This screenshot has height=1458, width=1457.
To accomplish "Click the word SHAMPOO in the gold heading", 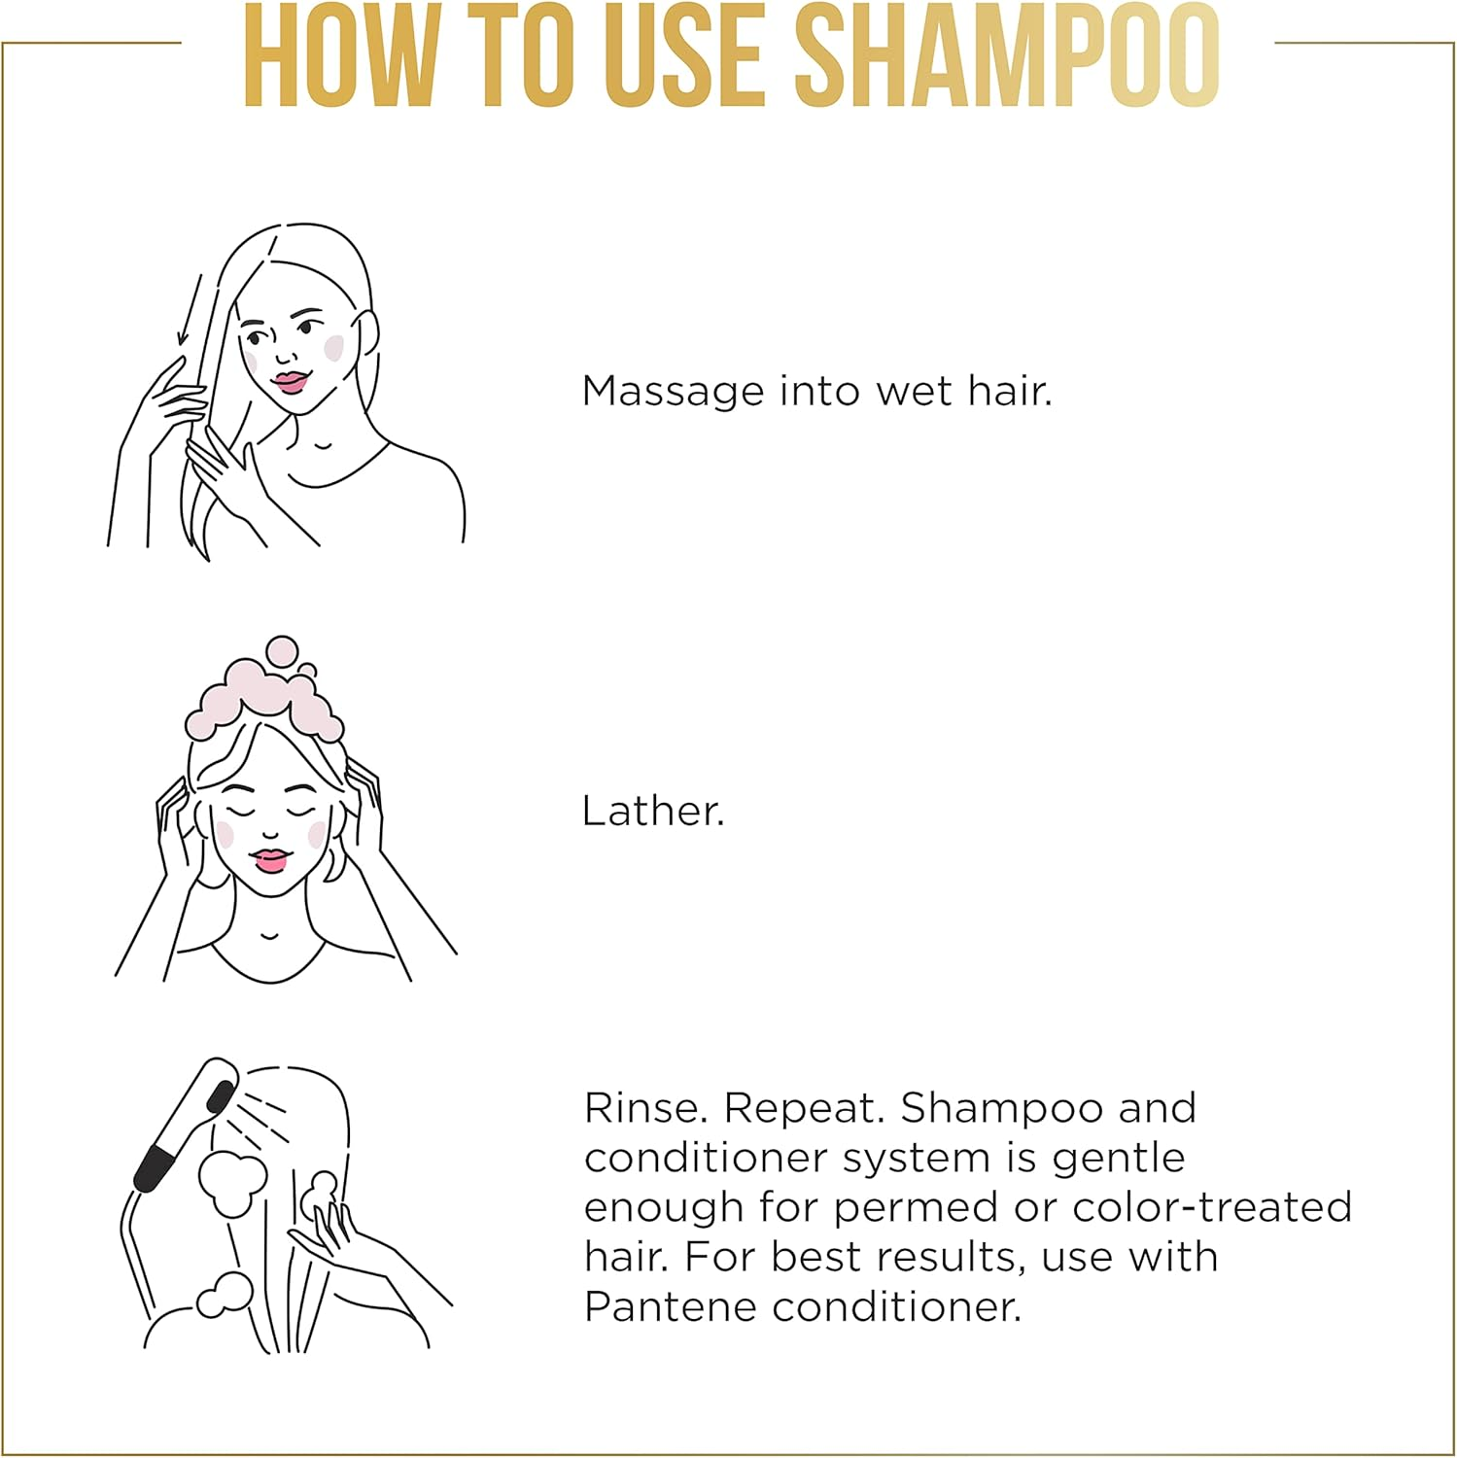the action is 1013,55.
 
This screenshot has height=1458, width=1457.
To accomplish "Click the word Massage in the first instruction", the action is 673,393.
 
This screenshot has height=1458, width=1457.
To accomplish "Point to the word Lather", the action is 653,811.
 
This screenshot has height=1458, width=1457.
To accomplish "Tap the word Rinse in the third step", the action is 646,1108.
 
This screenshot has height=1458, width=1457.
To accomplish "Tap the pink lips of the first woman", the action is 290,382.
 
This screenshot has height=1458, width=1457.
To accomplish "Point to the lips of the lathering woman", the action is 270,860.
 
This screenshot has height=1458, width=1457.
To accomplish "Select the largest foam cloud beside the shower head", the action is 231,1183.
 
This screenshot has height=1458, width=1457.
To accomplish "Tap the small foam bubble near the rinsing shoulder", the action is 224,1295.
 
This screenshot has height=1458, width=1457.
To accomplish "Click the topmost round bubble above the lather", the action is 283,653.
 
